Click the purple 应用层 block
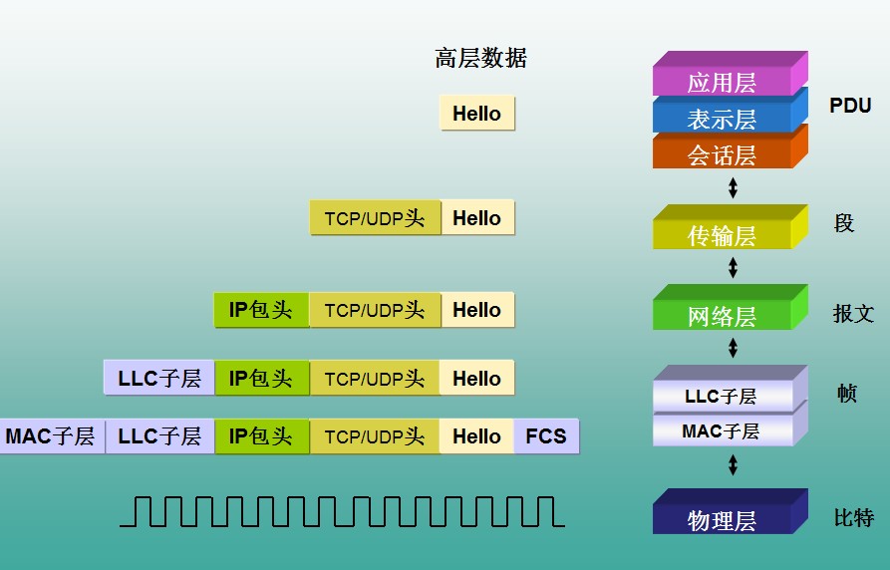[x=722, y=82]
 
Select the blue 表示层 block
[x=722, y=119]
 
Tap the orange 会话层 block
[x=722, y=154]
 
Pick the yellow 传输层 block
[x=722, y=235]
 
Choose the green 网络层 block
[x=722, y=316]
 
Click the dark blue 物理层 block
[x=722, y=519]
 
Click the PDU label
[x=850, y=106]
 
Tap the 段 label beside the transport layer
[x=844, y=223]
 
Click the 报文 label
[x=853, y=314]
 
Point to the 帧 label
[x=846, y=393]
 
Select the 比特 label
[x=853, y=517]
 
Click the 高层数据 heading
[x=480, y=58]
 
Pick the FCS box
[x=545, y=436]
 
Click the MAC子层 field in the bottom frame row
[x=50, y=436]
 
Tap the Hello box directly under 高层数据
[x=476, y=114]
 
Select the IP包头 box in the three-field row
[x=261, y=310]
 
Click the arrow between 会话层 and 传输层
[x=734, y=186]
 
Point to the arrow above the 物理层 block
[x=734, y=464]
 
